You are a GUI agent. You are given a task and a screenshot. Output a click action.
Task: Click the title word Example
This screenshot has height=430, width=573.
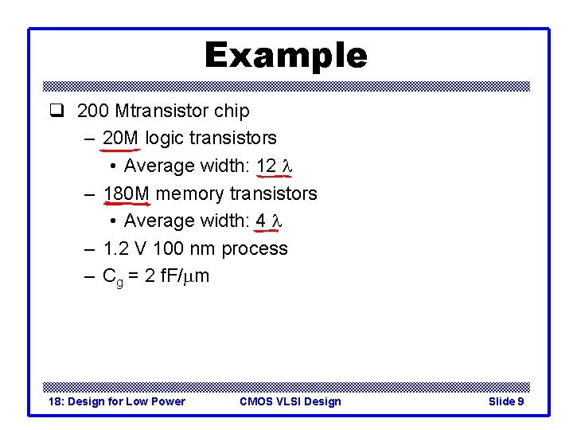[286, 56]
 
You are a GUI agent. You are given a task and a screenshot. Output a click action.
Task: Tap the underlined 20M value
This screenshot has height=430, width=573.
[120, 139]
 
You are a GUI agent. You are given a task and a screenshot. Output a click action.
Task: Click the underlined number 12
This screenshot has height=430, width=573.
[267, 166]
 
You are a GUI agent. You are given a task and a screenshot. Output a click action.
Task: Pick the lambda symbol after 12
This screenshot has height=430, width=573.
[287, 166]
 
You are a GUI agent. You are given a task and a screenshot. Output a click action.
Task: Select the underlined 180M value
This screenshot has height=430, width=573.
[126, 193]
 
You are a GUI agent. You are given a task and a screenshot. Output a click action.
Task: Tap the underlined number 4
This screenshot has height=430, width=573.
[261, 221]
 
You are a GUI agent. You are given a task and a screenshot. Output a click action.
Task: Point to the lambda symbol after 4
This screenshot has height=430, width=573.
[278, 221]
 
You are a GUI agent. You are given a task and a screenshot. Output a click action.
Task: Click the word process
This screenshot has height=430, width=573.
[255, 249]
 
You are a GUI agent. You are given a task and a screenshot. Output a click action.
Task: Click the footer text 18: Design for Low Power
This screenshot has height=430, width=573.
[117, 401]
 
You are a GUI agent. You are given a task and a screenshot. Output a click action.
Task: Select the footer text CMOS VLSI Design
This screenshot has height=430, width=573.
[290, 401]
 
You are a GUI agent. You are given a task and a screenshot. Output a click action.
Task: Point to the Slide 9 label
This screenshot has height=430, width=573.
[505, 401]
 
